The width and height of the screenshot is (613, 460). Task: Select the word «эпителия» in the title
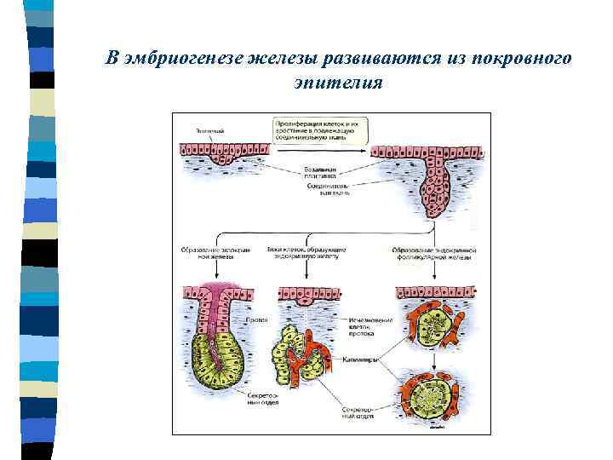tap(339, 83)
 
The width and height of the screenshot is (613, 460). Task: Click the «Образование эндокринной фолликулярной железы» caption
tap(434, 254)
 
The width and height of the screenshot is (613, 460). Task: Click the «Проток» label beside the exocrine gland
tap(259, 320)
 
